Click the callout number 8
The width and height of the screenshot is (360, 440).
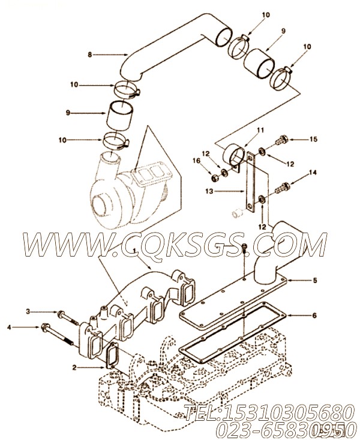pyautogui.click(x=90, y=55)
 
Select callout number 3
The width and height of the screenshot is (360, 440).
pyautogui.click(x=27, y=311)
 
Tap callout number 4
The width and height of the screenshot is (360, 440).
pyautogui.click(x=8, y=327)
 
